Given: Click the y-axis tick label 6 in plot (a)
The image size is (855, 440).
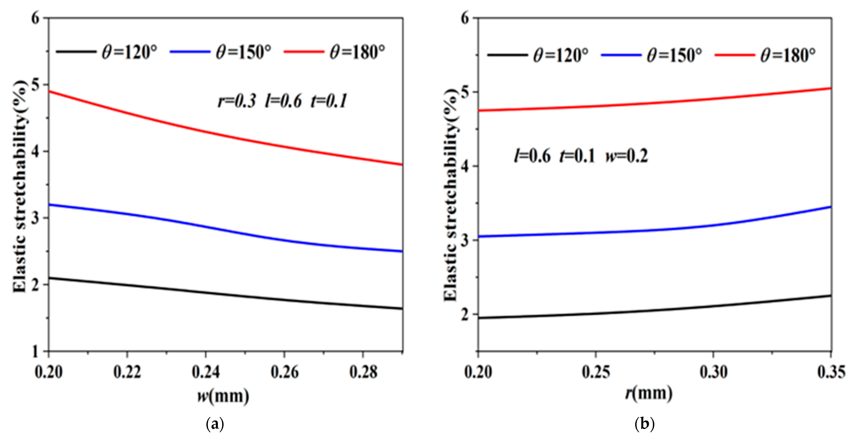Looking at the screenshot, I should point(35,18).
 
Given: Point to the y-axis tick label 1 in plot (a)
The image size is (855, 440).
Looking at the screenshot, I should point(35,351).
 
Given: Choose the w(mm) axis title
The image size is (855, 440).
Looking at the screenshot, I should point(223,396).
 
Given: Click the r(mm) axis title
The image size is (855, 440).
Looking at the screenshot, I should point(649,393).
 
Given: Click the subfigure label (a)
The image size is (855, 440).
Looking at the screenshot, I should point(215,424).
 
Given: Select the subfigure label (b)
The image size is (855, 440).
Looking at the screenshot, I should point(644,424).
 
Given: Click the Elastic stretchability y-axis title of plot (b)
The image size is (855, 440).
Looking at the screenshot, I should point(450,196).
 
